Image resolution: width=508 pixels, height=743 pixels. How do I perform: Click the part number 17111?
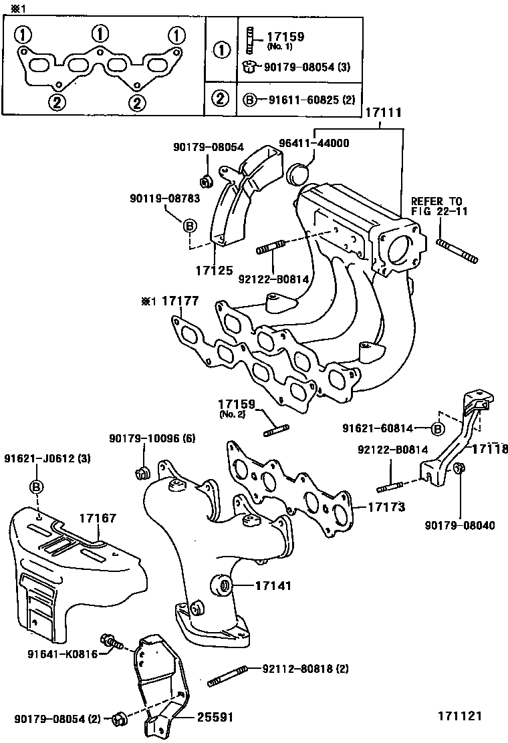tap(383, 114)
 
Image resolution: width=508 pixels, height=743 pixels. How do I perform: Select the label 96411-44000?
tap(315, 143)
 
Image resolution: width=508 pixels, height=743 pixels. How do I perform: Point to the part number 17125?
tap(214, 271)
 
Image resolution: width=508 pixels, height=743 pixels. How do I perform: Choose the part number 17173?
tap(386, 506)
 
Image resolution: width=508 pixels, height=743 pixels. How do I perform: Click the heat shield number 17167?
tap(98, 517)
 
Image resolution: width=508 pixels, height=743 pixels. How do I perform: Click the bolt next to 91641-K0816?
tap(112, 642)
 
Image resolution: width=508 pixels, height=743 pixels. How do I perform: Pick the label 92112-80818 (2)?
tap(305, 667)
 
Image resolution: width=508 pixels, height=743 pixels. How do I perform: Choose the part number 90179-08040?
tap(459, 525)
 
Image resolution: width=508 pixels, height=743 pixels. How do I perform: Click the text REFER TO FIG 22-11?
tap(436, 206)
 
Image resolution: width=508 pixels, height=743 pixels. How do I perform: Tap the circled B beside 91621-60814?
tap(438, 428)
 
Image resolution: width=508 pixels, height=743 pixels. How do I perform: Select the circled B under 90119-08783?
tap(190, 226)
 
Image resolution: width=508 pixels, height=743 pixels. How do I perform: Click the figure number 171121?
tap(460, 716)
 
